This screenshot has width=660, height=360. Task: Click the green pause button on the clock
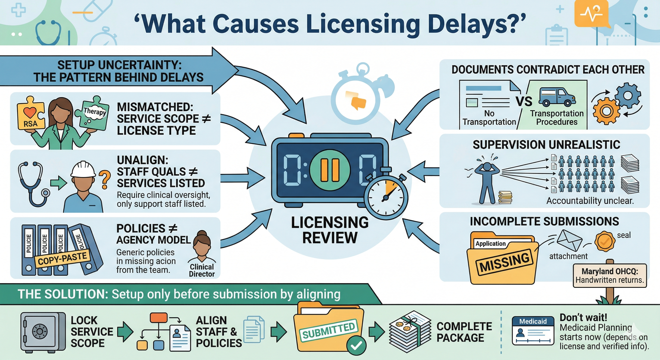pos(330,170)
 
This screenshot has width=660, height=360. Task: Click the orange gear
pos(606,111)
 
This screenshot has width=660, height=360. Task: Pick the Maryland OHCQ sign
pos(610,275)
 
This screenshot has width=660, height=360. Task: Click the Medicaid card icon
pos(533,331)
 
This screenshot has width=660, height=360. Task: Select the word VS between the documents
pos(524,101)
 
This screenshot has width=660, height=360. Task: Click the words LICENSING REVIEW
pos(330,230)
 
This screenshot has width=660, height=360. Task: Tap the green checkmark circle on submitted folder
pos(356,346)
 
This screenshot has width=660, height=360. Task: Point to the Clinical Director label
pos(202,270)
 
